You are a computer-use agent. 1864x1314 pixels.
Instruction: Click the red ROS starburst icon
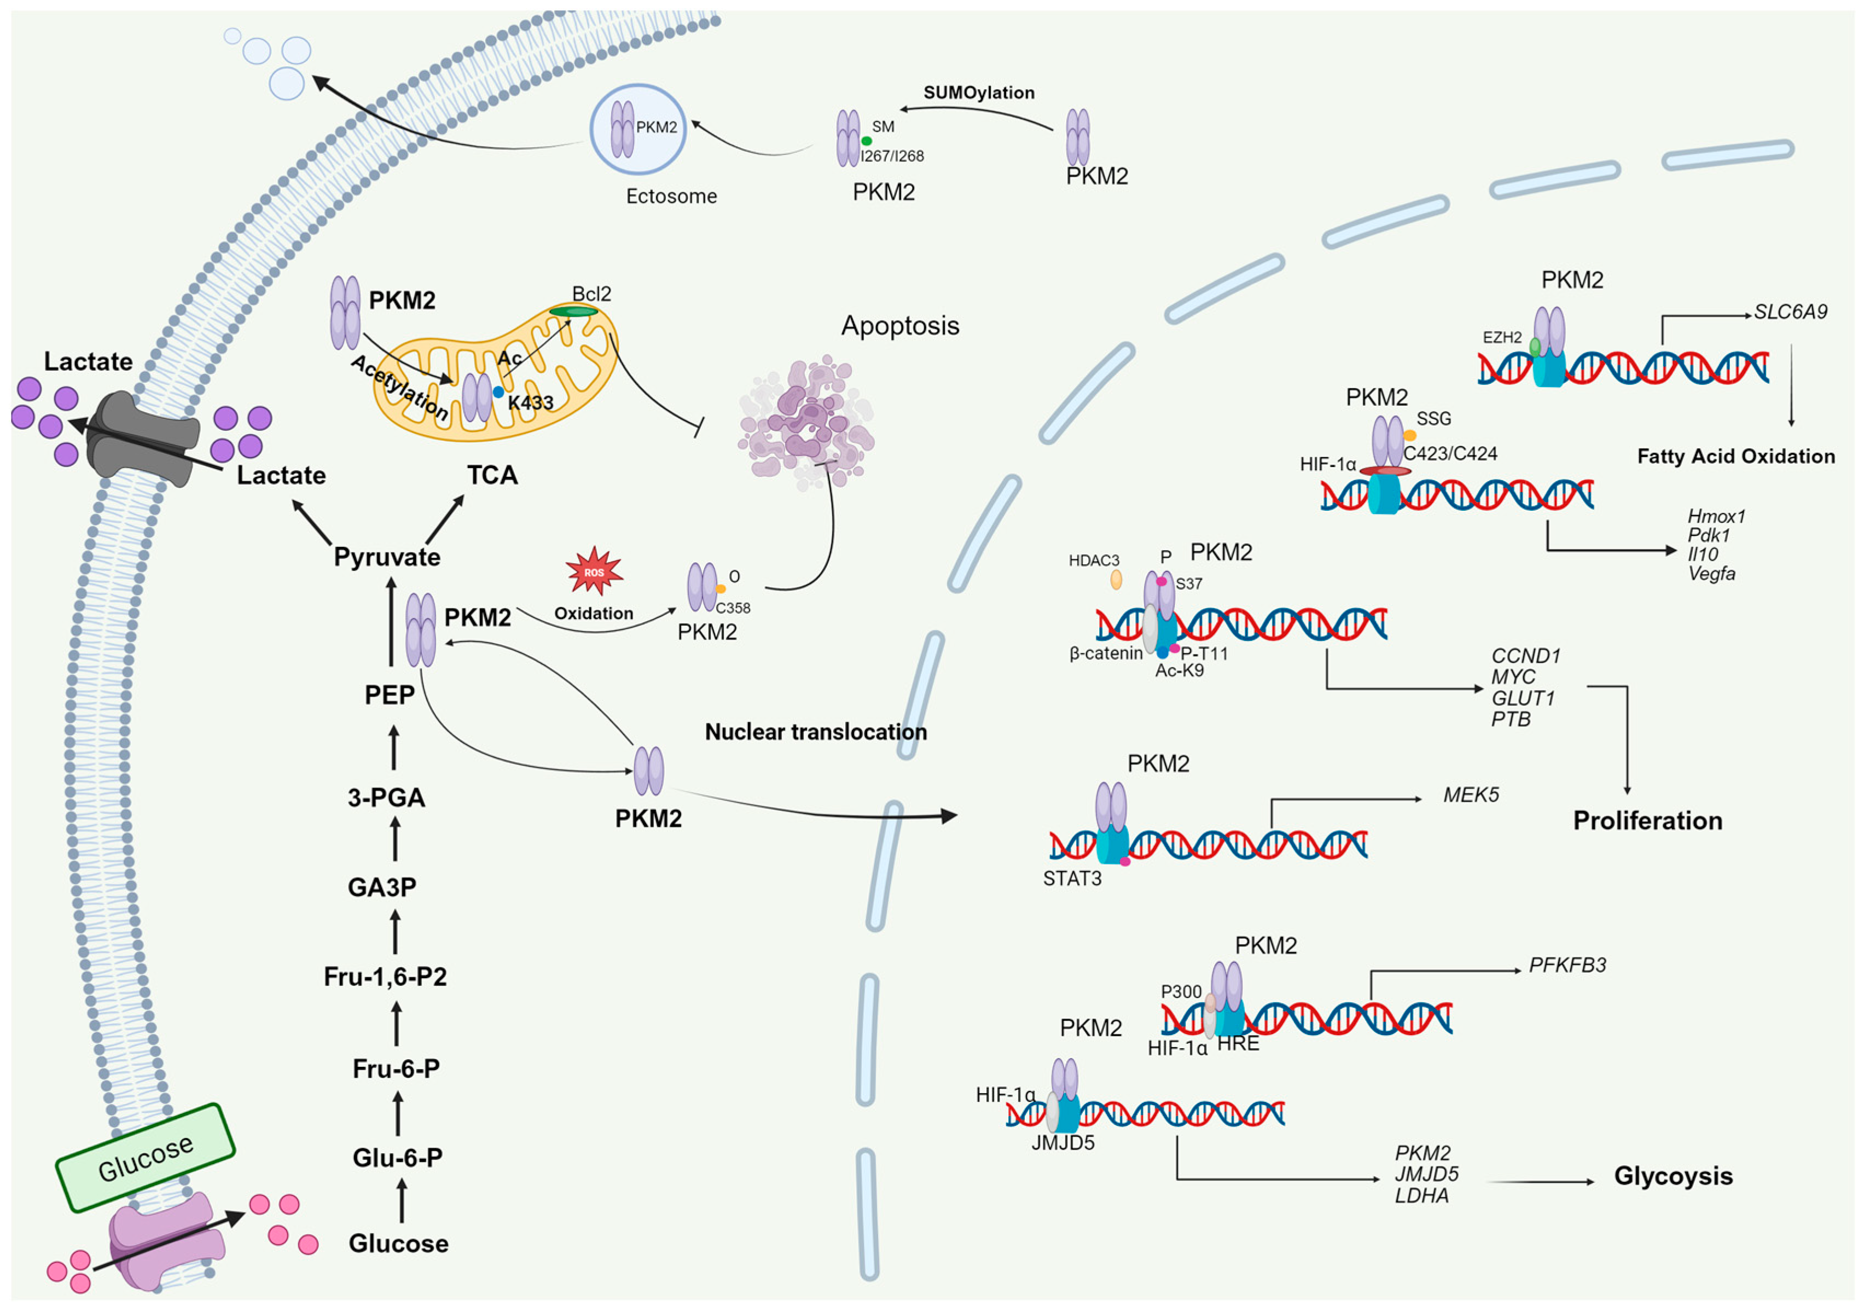coord(594,571)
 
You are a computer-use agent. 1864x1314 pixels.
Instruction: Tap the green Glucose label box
coord(146,1158)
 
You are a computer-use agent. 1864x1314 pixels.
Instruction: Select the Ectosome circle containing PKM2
coord(638,129)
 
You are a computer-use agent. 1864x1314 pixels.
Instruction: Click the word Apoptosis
coord(899,325)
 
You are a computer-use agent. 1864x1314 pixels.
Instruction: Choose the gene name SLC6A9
coord(1790,312)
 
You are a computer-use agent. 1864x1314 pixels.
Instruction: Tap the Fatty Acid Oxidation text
coord(1736,456)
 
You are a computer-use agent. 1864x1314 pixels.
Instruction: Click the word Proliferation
coord(1647,821)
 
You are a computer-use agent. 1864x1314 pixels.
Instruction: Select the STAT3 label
coord(1072,878)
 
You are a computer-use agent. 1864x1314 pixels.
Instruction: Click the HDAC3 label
coord(1094,560)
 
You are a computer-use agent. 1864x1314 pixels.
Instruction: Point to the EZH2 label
coord(1502,337)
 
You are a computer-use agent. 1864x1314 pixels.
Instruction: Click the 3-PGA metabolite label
coord(386,797)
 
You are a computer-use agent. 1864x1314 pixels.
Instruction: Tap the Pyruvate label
coord(387,557)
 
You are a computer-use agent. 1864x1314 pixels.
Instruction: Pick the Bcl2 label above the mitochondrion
coord(591,293)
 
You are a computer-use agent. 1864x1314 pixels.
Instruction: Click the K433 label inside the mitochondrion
coord(530,402)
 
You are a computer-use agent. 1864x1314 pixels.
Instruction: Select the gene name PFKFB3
coord(1567,965)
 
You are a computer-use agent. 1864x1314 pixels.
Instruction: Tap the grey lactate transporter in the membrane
coord(142,438)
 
